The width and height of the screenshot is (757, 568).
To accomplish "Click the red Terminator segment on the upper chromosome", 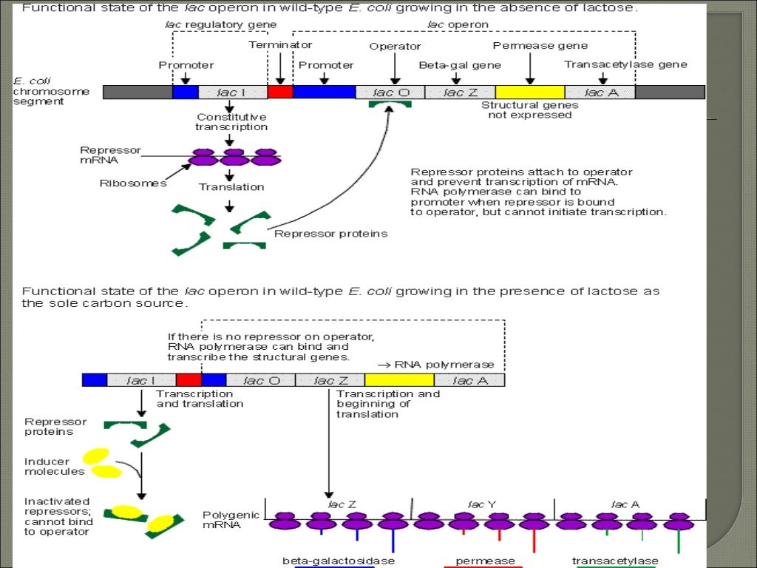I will pos(279,92).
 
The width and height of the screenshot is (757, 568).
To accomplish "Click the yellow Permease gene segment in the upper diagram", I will pos(529,92).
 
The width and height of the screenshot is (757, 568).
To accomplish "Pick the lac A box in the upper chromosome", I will pos(600,92).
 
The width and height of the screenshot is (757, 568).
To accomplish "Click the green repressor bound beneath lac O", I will pos(390,107).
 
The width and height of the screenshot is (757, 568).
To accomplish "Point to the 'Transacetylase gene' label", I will pos(625,64).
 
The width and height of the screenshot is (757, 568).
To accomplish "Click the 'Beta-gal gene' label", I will pos(459,65).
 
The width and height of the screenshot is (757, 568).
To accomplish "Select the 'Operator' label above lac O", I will pos(395,47).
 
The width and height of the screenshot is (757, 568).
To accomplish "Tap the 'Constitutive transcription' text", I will pos(231,122).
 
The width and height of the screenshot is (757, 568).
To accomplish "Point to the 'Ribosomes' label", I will pos(133,183).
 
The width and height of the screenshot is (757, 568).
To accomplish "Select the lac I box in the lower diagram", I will pos(141,380).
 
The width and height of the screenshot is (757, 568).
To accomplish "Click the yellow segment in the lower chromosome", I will pos(398,380).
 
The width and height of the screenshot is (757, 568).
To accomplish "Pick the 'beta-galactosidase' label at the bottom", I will pos(339,561).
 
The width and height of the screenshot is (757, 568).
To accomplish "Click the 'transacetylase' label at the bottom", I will pos(615,561).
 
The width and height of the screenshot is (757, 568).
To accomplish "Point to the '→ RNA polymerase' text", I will pos(435,365).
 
